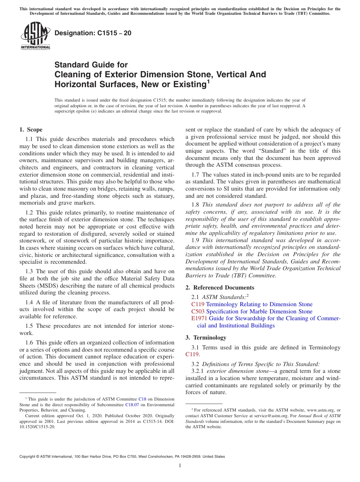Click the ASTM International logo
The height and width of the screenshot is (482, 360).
click(35, 36)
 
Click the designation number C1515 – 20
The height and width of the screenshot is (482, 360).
click(93, 33)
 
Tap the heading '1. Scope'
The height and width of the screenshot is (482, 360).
click(31, 130)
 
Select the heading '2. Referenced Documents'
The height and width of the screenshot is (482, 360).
click(220, 288)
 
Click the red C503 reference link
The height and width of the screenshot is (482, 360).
click(198, 311)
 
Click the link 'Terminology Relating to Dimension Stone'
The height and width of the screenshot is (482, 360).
click(260, 304)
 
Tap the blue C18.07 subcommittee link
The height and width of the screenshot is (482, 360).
click(132, 404)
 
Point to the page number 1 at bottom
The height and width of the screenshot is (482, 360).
click(180, 466)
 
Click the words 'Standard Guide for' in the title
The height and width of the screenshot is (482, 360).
click(91, 65)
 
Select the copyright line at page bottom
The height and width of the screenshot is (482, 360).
click(122, 457)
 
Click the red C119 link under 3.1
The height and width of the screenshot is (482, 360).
click(192, 355)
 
